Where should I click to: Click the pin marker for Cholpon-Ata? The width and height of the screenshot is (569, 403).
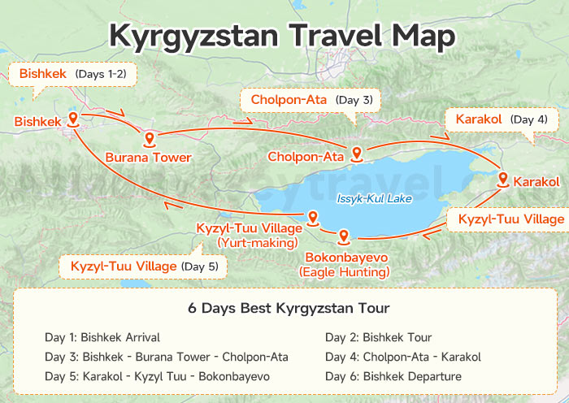(x=356, y=153)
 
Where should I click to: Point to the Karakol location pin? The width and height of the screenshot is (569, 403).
(x=503, y=180)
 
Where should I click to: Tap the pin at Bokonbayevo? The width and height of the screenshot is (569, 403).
(x=343, y=236)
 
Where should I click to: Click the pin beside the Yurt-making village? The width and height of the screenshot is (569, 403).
(x=311, y=216)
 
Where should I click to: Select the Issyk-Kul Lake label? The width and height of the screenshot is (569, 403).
(x=374, y=198)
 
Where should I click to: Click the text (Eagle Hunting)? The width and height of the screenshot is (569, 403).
(x=344, y=271)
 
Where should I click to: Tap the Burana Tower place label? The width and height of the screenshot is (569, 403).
(x=148, y=157)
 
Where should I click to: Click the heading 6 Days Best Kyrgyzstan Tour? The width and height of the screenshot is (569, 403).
(x=289, y=309)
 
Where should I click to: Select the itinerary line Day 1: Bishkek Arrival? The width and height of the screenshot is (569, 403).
(x=102, y=337)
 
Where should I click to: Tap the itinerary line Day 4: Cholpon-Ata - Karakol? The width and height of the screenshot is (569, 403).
(x=402, y=357)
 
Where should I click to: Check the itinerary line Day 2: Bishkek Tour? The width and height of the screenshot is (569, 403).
(x=378, y=337)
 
